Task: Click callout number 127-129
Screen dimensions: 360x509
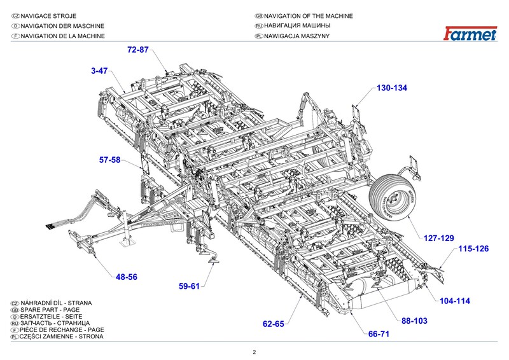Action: point(439,238)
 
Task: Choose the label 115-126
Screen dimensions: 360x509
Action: point(473,249)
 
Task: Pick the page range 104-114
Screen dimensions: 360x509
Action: point(454,300)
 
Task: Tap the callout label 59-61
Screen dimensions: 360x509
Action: point(189,285)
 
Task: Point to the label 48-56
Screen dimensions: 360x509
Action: point(127,277)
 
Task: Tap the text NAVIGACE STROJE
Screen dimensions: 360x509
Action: point(51,16)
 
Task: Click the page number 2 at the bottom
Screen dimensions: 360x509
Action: point(254,352)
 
